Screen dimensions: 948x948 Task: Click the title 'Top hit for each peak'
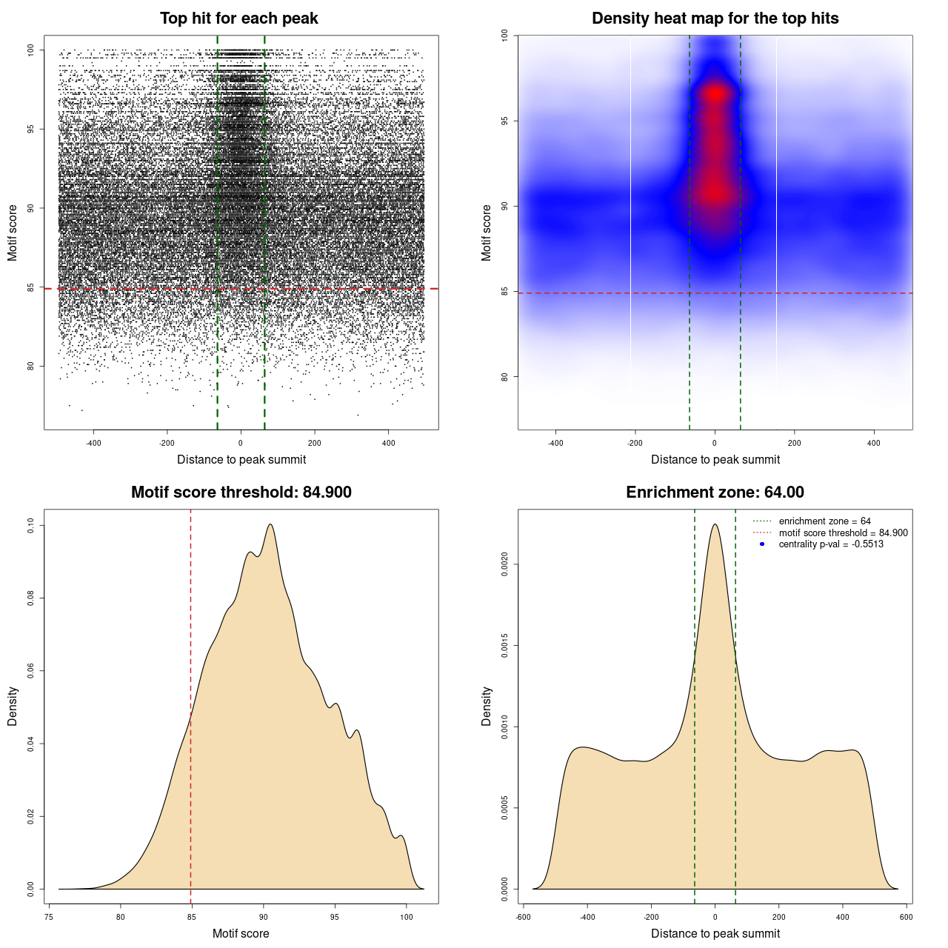click(239, 19)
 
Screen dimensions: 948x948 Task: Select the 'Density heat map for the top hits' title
click(715, 19)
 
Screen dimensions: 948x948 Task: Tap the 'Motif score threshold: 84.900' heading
click(241, 493)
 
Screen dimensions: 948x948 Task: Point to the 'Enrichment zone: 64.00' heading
click(715, 493)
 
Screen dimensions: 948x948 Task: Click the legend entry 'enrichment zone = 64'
click(824, 521)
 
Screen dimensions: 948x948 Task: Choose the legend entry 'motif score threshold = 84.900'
click(843, 533)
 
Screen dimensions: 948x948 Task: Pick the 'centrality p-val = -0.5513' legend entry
click(831, 544)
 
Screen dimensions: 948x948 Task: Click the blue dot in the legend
click(762, 544)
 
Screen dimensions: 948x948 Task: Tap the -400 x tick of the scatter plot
click(93, 443)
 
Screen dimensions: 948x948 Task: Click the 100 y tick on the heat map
click(504, 35)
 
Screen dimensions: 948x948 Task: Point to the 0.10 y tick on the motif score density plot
click(30, 526)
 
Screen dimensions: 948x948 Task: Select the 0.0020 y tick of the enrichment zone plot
click(504, 564)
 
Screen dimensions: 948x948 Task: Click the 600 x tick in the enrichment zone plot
click(906, 917)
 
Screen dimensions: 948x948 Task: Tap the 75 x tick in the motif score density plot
click(49, 917)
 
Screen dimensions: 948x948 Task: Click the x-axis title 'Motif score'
click(241, 933)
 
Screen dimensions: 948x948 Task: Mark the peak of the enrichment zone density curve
click(715, 524)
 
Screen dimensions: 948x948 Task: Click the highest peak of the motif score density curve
click(270, 524)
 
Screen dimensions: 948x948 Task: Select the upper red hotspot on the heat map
click(715, 94)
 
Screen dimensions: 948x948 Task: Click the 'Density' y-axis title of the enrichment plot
click(487, 706)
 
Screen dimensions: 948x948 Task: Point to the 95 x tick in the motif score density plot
click(335, 917)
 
